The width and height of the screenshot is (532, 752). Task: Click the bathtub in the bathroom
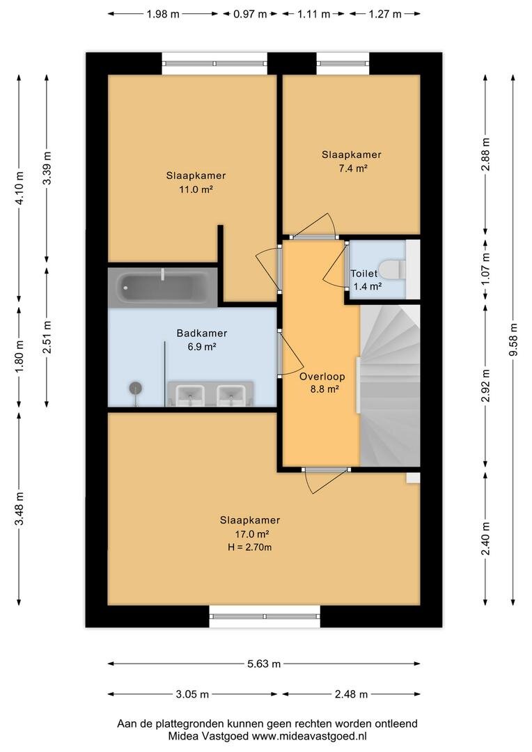click(x=163, y=287)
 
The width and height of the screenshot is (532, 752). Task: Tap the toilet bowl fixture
click(x=392, y=269)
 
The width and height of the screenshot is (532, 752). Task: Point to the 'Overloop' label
click(x=322, y=377)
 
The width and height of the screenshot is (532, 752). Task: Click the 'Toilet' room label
click(x=363, y=274)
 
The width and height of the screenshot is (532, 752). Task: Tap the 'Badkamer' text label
click(x=201, y=333)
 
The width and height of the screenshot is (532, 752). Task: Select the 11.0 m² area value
click(x=196, y=189)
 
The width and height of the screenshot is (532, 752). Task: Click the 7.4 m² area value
click(x=351, y=169)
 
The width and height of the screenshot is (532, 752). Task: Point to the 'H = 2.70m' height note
click(x=249, y=547)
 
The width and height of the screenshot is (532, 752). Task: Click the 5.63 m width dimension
click(x=264, y=664)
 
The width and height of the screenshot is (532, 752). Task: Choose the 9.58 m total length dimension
click(x=513, y=340)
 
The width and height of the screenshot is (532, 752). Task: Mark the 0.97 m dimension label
click(x=250, y=14)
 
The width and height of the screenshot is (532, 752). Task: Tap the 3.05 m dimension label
click(x=192, y=694)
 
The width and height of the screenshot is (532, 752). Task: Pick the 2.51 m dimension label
click(x=47, y=336)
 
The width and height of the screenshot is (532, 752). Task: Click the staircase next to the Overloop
click(x=390, y=385)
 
